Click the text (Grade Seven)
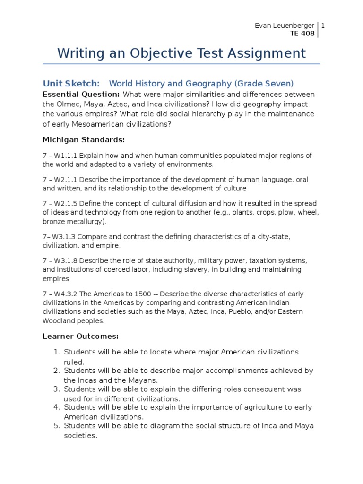point(263,84)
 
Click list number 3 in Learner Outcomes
point(55,389)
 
